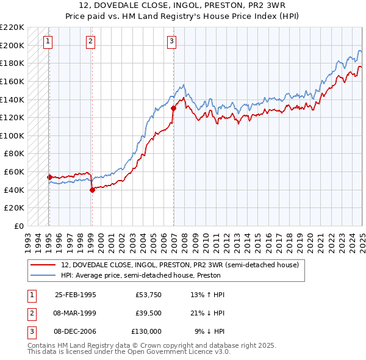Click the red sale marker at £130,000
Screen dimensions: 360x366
tap(174, 109)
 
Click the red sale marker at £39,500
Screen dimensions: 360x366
tap(92, 190)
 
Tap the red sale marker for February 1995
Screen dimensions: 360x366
tap(49, 177)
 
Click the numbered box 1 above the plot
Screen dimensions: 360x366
tap(48, 41)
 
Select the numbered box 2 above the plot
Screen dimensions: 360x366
tap(90, 41)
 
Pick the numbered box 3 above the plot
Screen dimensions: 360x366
tap(172, 41)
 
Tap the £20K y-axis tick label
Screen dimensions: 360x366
tap(15, 208)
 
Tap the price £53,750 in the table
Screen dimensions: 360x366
tap(148, 295)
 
